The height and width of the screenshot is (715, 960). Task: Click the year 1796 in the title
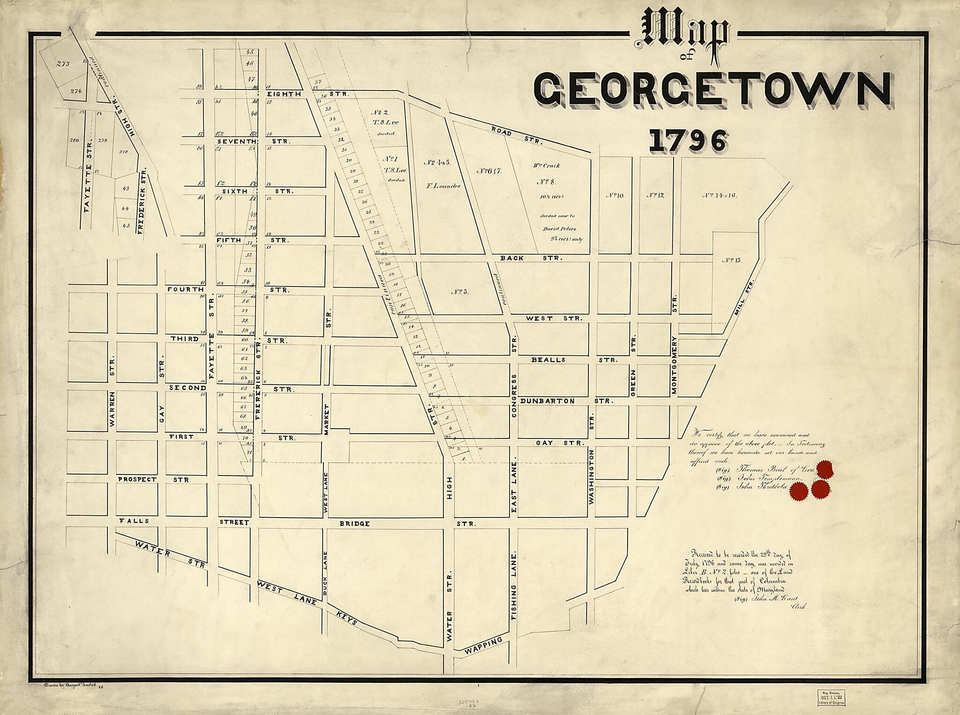(x=688, y=141)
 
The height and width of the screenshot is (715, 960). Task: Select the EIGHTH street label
(x=284, y=94)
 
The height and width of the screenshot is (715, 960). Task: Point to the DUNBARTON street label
(x=547, y=401)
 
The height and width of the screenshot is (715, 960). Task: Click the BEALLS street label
(x=548, y=360)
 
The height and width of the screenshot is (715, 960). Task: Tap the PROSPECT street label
(x=137, y=480)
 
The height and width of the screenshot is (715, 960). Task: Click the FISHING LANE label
(x=514, y=586)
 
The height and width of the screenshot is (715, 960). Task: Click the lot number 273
(x=63, y=64)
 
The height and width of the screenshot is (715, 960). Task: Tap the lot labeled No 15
(x=732, y=260)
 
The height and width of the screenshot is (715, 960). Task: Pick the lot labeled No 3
(x=460, y=292)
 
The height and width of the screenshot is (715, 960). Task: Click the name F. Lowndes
(x=443, y=186)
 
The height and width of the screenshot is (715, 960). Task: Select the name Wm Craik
(x=546, y=166)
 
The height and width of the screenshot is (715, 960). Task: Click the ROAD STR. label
(x=517, y=135)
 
